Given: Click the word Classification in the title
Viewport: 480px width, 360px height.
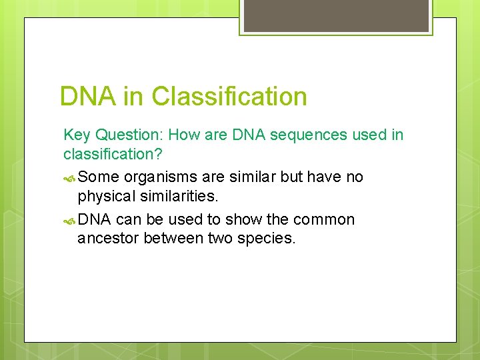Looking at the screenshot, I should tap(229, 97).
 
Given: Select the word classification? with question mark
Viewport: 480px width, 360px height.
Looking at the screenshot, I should tap(109, 155).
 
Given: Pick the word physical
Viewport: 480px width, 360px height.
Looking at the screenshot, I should tap(104, 197).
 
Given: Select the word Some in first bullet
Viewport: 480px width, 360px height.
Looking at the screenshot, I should tap(99, 177).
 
